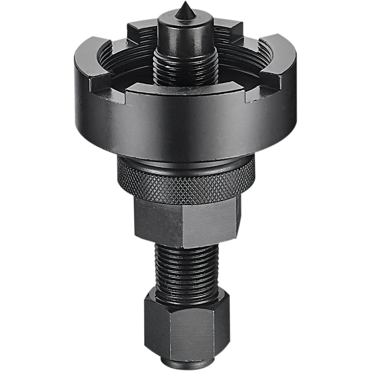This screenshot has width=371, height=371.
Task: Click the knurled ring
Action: (x=185, y=183)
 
